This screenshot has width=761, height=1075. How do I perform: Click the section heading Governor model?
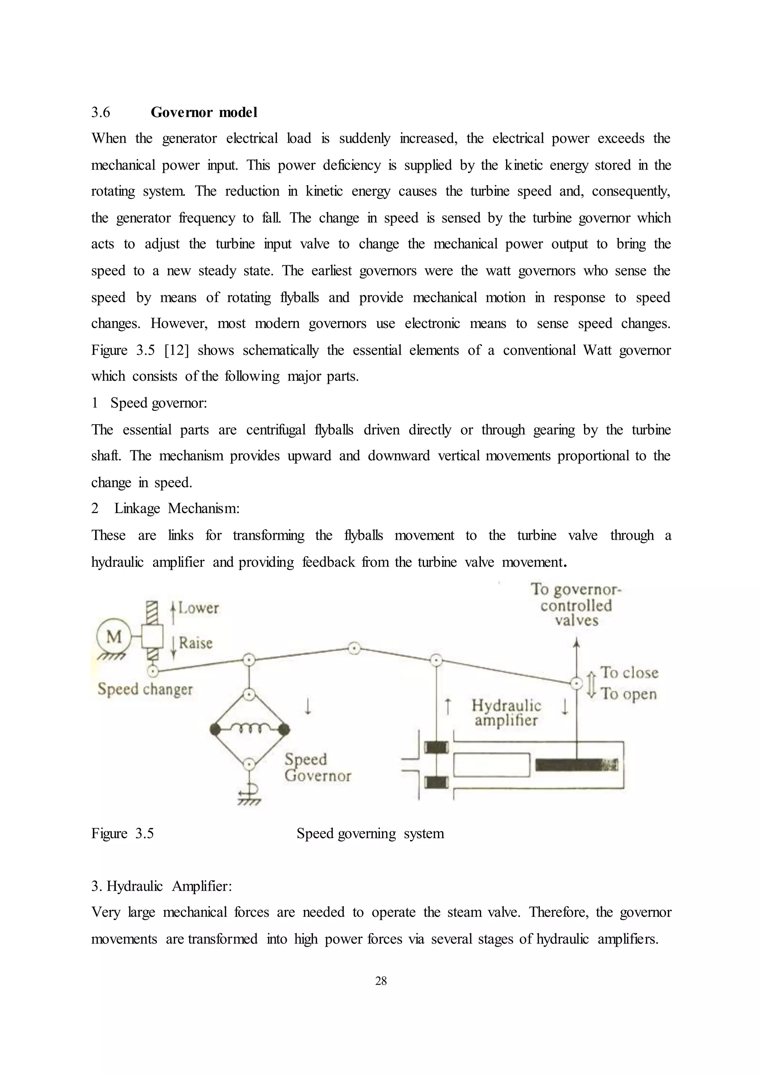point(204,113)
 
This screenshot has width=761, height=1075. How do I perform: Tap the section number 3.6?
point(101,113)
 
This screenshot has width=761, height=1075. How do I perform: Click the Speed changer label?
point(145,689)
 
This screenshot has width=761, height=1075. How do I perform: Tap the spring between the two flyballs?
point(249,728)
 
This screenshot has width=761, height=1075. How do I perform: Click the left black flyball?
point(215,729)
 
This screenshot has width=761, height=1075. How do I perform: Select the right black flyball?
point(284,729)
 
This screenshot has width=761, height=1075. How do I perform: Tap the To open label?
point(628,694)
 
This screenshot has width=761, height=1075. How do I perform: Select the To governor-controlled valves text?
point(576,605)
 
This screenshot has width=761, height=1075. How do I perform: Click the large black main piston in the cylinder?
point(576,765)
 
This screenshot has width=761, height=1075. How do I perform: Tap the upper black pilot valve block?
point(437,747)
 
